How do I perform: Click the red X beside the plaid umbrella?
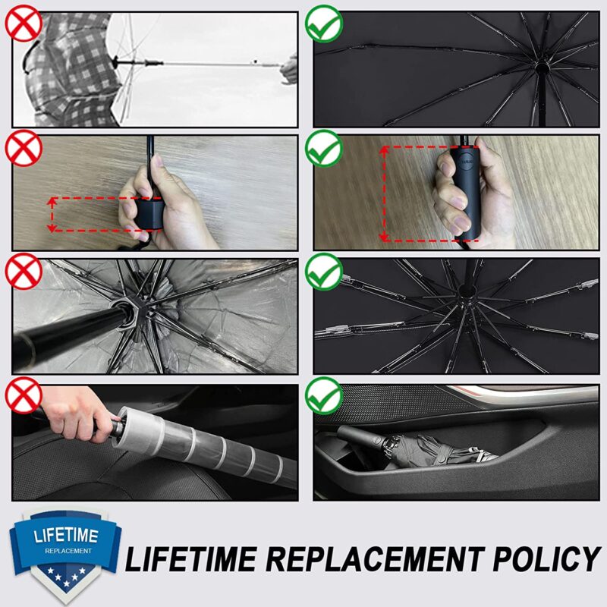[x=23, y=24]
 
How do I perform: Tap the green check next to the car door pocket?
[x=325, y=396]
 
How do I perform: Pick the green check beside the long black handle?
[x=325, y=148]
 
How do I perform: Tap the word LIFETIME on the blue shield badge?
[x=64, y=536]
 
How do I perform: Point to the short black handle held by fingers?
[x=151, y=212]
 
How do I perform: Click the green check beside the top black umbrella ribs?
[x=325, y=24]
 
